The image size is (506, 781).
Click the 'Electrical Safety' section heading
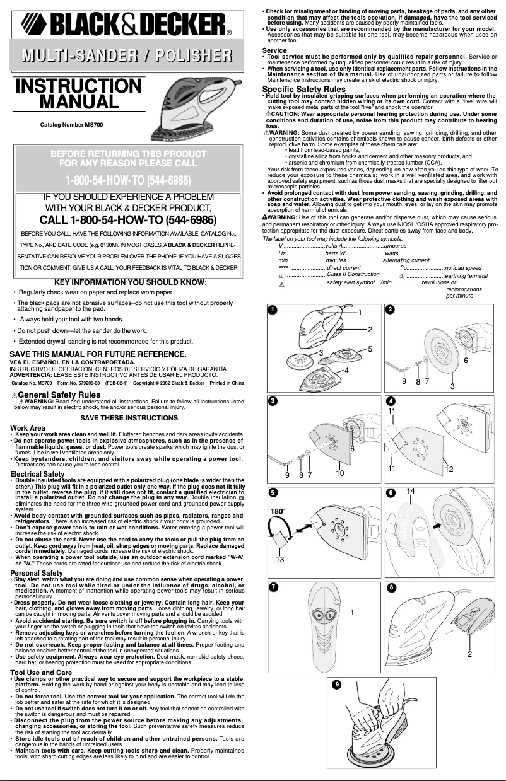[x=38, y=474]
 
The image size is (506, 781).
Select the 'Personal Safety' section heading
[x=36, y=573]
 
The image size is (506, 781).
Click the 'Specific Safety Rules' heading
[x=303, y=89]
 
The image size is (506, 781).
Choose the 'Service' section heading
[x=274, y=50]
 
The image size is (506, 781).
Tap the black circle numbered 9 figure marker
[x=338, y=685]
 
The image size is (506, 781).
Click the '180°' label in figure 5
[x=278, y=511]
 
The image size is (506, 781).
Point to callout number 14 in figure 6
[x=410, y=490]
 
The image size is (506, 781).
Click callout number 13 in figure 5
[x=279, y=559]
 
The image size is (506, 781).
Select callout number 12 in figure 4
[x=449, y=470]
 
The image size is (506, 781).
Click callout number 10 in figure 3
[x=339, y=473]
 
